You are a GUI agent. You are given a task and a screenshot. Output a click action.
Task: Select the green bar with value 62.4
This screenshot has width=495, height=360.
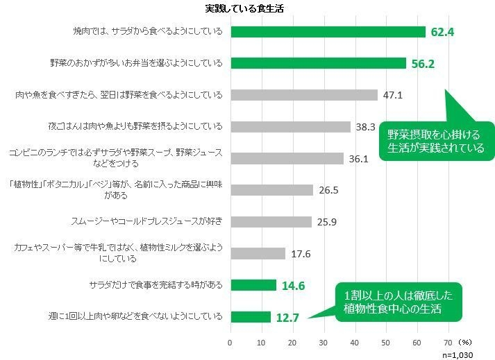click(327, 32)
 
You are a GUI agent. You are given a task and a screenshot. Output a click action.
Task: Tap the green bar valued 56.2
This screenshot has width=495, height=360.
click(317, 63)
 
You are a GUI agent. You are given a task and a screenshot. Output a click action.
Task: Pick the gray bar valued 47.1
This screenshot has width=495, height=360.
click(303, 95)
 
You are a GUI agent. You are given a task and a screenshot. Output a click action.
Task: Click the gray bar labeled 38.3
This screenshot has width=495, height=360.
click(290, 127)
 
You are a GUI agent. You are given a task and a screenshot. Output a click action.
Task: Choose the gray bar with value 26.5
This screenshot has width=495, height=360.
click(271, 190)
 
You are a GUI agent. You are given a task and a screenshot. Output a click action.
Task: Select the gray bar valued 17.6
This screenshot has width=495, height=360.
click(258, 253)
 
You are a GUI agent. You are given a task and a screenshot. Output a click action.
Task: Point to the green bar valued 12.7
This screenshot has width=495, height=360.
click(250, 317)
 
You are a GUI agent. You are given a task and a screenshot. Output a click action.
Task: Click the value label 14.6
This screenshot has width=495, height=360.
click(292, 285)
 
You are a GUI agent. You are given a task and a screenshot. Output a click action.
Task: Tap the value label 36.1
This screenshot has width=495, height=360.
click(358, 159)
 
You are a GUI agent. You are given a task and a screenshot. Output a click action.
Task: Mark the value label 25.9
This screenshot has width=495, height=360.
click(326, 222)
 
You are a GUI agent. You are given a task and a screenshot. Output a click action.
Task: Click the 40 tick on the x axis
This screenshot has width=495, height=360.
click(355, 343)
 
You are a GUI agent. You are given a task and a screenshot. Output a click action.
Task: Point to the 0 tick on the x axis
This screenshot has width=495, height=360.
click(230, 343)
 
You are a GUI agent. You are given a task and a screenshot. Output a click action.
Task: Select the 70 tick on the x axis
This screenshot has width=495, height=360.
click(448, 343)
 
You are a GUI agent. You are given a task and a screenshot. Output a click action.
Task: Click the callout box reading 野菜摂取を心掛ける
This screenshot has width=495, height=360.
click(436, 140)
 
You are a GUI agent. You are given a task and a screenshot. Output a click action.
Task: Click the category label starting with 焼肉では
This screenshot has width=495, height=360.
click(148, 32)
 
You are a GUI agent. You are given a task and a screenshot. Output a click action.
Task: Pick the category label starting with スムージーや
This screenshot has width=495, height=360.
click(146, 222)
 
